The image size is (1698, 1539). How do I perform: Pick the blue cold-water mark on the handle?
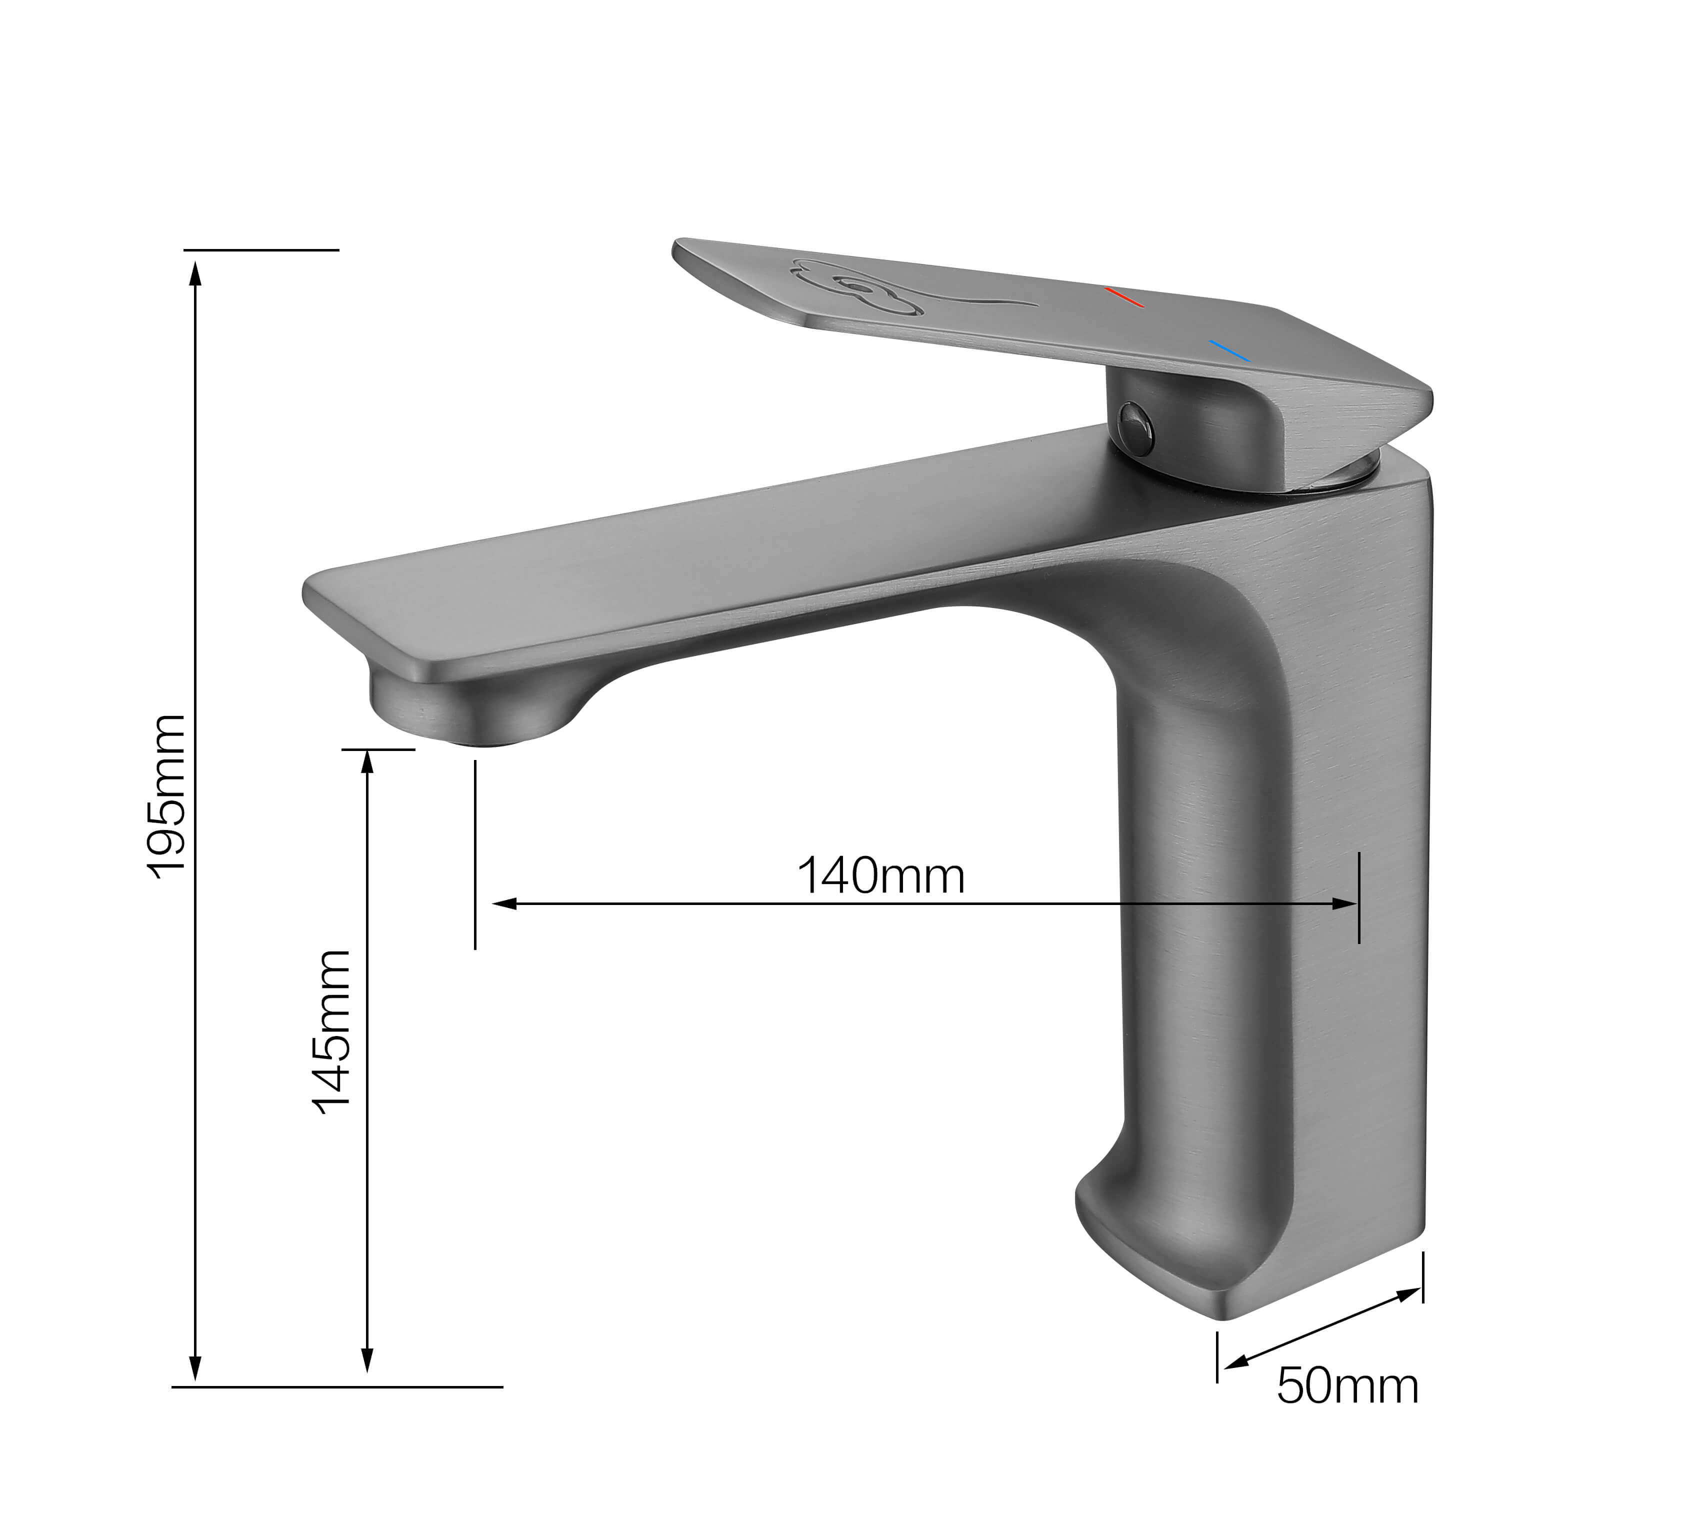[1229, 350]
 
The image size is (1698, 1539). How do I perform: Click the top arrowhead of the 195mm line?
[195, 271]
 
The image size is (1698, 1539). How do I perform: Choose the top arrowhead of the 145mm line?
[366, 760]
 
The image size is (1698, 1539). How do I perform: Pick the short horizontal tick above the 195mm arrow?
[261, 250]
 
